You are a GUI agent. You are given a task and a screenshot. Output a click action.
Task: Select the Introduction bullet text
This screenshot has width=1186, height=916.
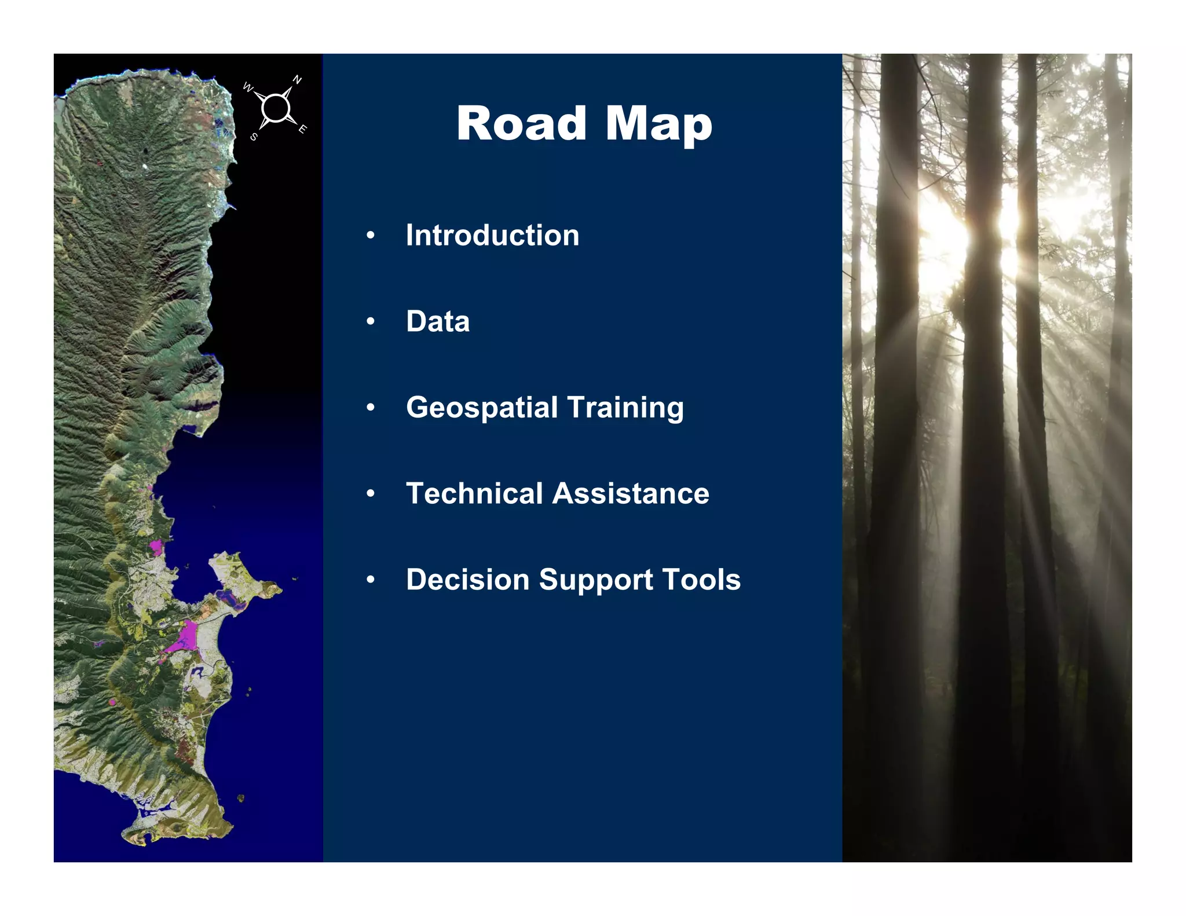[492, 235]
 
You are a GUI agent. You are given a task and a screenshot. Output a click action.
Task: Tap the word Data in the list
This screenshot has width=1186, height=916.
[438, 321]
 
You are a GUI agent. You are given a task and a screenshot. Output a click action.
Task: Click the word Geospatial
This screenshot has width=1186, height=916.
[481, 408]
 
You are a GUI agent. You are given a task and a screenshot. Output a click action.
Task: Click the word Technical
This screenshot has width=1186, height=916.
[474, 493]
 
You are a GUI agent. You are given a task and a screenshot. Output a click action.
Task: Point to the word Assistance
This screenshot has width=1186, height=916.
[631, 493]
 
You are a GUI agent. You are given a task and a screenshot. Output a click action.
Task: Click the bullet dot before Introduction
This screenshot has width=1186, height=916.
[371, 236]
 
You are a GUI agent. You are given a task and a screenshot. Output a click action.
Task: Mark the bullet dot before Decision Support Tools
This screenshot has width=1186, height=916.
[371, 580]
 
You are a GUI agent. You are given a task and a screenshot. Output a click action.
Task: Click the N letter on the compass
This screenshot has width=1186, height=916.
[297, 80]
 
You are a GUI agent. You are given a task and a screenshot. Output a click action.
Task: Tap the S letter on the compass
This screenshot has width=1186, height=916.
[254, 137]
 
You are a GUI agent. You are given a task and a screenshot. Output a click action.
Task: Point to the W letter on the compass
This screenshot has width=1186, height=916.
[247, 87]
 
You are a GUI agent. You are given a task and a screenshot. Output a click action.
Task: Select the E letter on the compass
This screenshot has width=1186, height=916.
[302, 129]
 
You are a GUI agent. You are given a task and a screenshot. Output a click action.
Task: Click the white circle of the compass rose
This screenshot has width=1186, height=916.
[275, 108]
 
